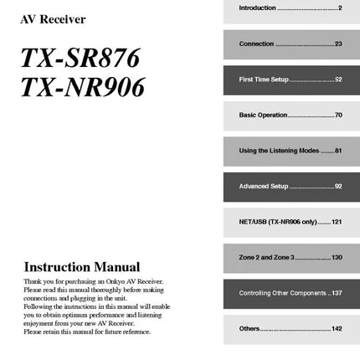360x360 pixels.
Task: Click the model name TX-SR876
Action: click(x=80, y=59)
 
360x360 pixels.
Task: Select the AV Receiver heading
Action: click(x=53, y=19)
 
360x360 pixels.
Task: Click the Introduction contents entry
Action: click(x=258, y=8)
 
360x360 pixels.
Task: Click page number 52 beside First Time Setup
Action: click(x=337, y=80)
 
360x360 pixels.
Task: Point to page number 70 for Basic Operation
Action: click(x=337, y=115)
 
